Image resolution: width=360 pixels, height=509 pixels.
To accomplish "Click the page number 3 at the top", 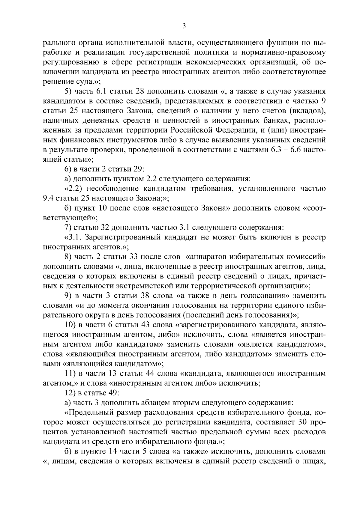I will (184, 26).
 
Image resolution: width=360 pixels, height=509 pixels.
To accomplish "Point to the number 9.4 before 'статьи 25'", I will (49, 198).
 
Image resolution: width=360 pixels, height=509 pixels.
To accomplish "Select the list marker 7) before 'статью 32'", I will (68, 228).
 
